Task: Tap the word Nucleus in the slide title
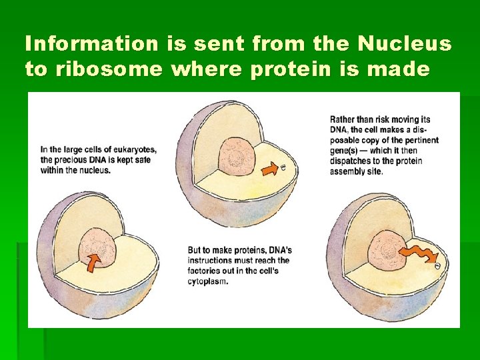404,44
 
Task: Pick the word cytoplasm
208,281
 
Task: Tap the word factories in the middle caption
205,271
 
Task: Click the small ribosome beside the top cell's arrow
283,168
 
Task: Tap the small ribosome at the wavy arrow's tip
438,265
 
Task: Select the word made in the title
405,69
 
